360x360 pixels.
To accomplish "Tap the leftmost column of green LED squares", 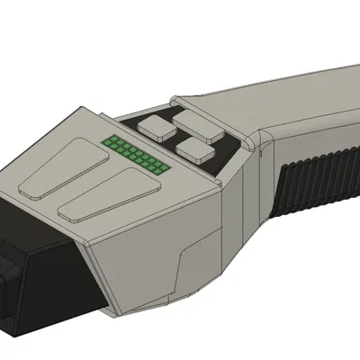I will pyautogui.click(x=108, y=143).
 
